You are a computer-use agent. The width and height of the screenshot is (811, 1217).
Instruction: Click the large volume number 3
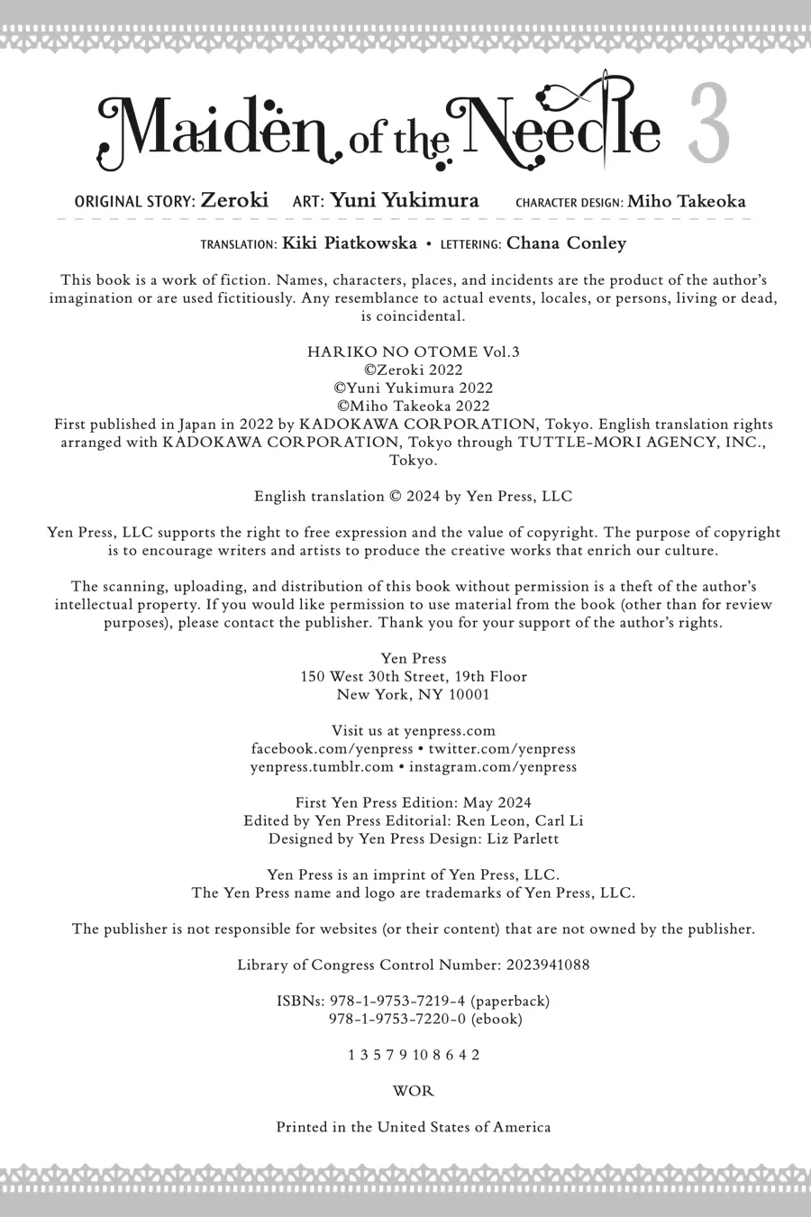click(x=709, y=125)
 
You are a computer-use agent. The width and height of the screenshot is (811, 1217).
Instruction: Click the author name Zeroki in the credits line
click(x=234, y=200)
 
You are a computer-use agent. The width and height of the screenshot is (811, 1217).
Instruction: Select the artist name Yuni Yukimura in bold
click(x=405, y=200)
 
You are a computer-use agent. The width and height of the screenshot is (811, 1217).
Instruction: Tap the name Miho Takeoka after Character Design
click(x=687, y=201)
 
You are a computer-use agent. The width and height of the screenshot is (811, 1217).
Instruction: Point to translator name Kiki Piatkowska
click(x=350, y=243)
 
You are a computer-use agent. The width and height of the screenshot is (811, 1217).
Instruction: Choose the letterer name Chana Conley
click(x=566, y=243)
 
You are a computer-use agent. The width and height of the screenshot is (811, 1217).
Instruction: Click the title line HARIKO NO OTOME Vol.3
click(x=414, y=352)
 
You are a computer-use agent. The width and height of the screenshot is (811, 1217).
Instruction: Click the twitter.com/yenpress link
click(x=502, y=749)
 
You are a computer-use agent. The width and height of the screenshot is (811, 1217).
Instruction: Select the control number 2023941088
click(x=548, y=965)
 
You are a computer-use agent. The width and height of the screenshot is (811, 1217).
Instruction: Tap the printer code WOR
click(x=414, y=1092)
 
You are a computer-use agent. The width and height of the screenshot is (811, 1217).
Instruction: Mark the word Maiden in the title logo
click(x=216, y=131)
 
